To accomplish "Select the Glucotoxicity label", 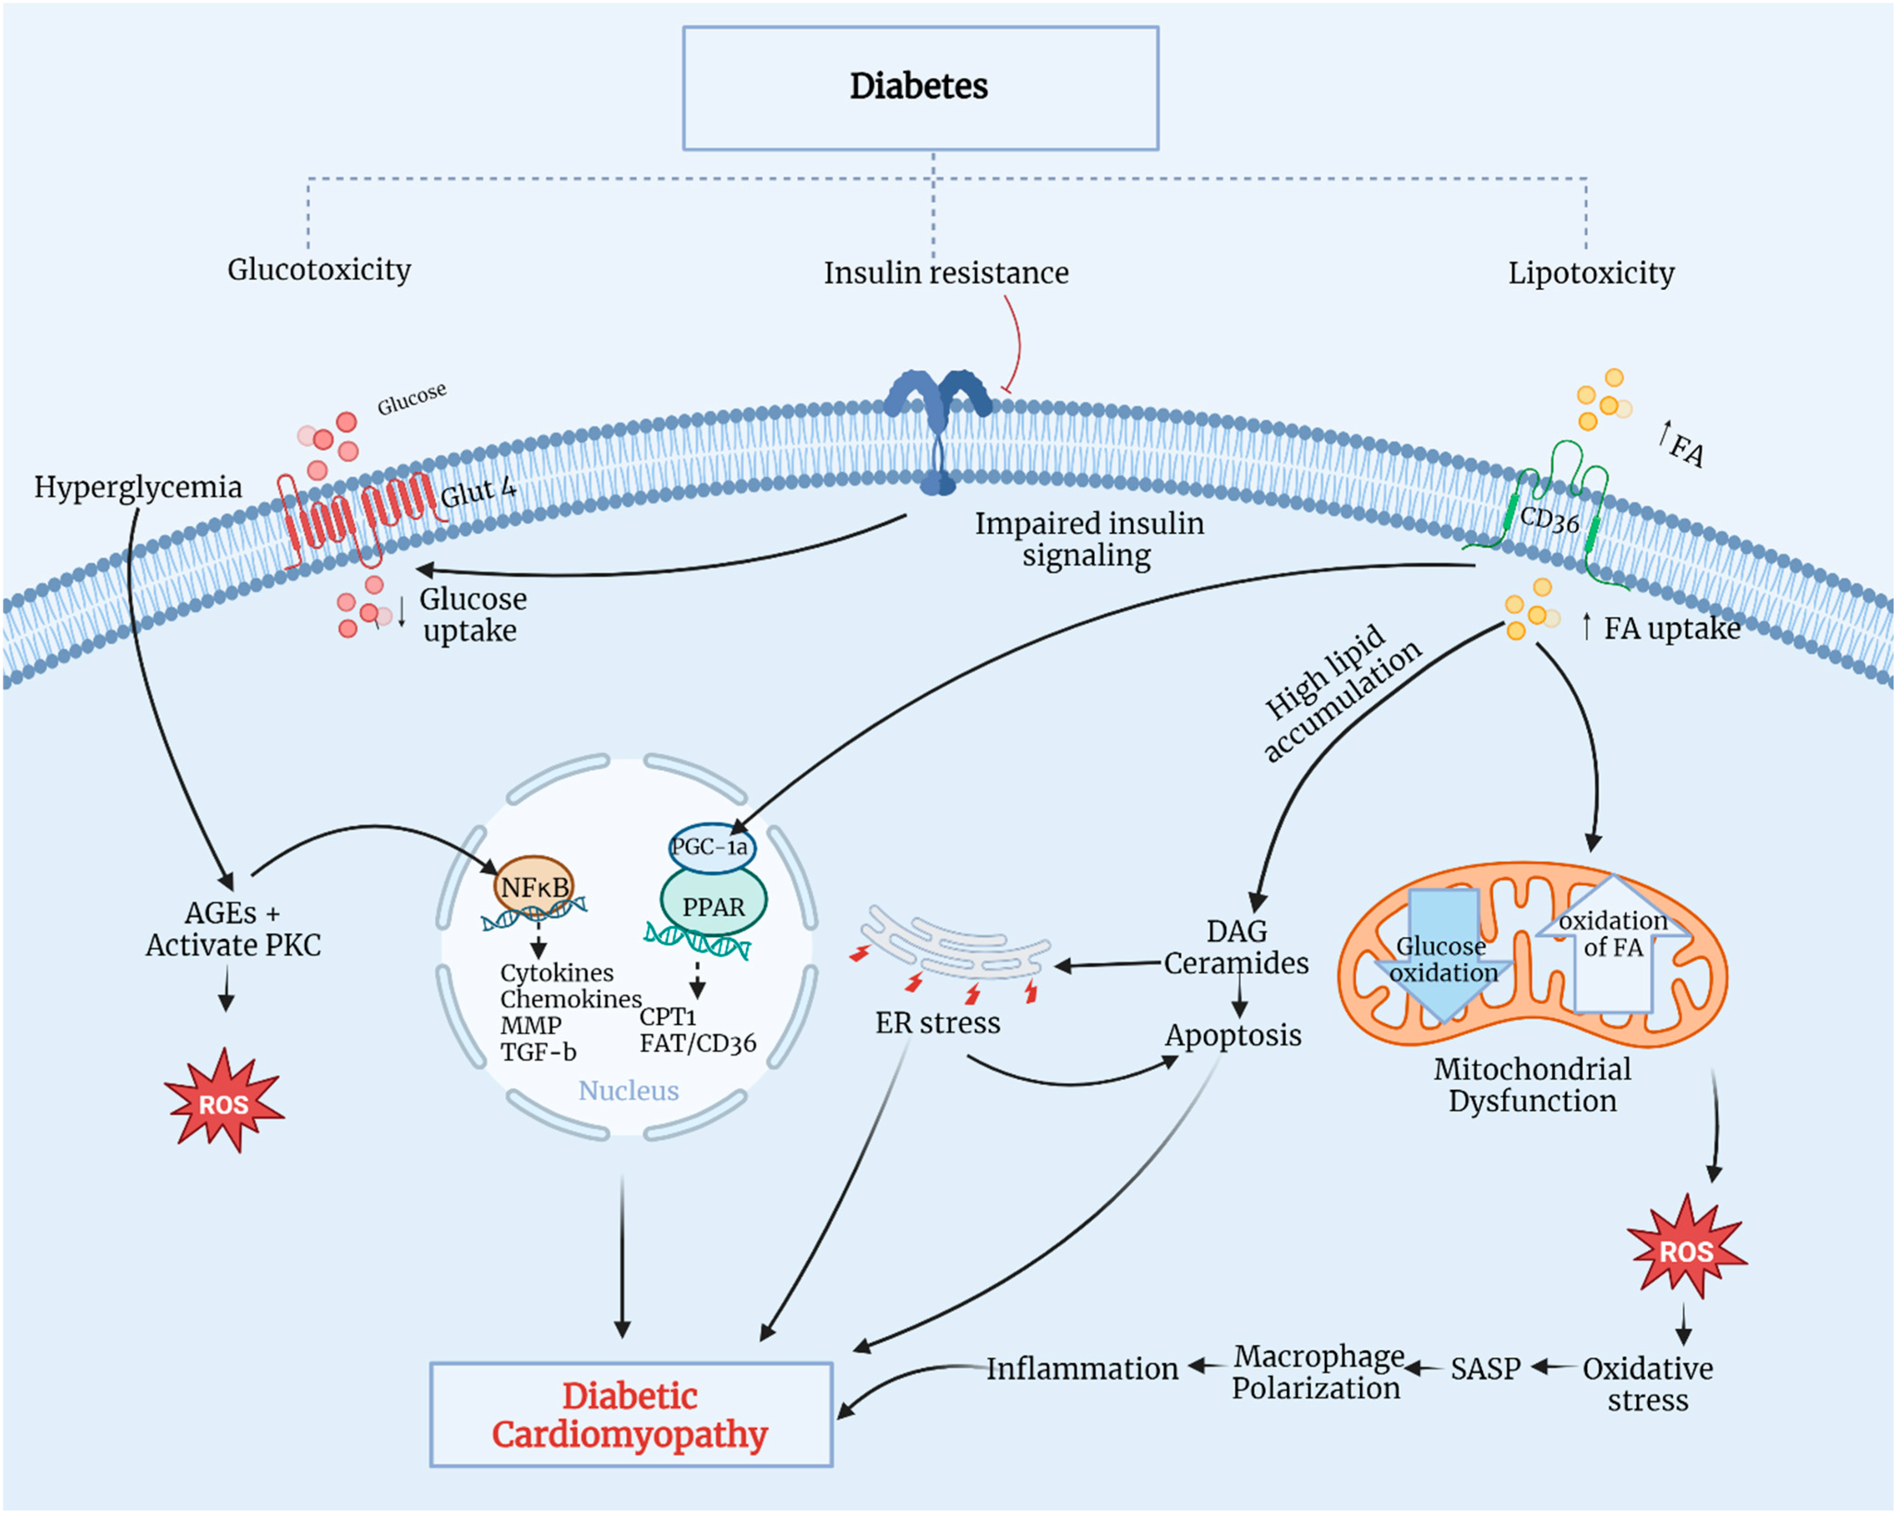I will click(319, 269).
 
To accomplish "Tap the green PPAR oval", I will click(713, 905).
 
